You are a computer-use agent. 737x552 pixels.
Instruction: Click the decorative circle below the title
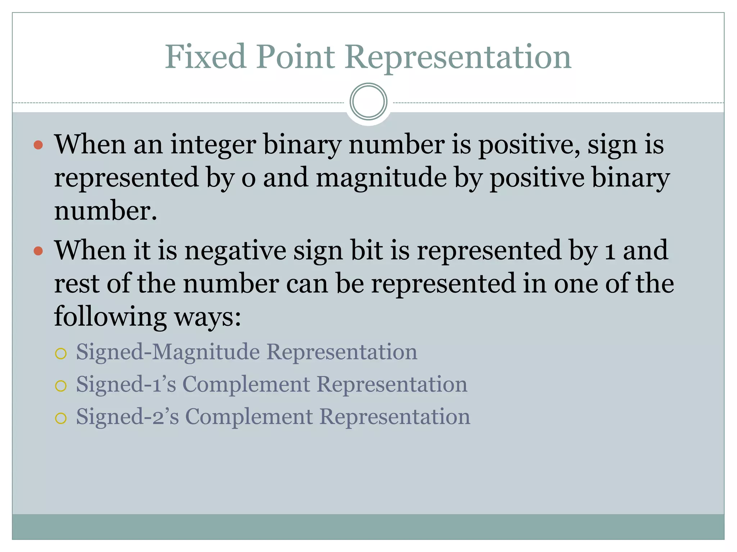pyautogui.click(x=368, y=102)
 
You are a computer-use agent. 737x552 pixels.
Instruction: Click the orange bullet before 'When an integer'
pyautogui.click(x=38, y=145)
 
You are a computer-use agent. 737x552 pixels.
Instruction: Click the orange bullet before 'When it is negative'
pyautogui.click(x=38, y=251)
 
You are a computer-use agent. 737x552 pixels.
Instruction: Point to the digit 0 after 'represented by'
pyautogui.click(x=248, y=178)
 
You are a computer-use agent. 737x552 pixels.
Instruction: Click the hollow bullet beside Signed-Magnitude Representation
pyautogui.click(x=61, y=354)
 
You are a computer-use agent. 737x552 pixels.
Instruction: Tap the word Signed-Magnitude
pyautogui.click(x=168, y=351)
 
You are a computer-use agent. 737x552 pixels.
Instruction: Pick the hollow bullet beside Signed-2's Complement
pyautogui.click(x=61, y=418)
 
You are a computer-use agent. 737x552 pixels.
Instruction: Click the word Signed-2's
pyautogui.click(x=127, y=416)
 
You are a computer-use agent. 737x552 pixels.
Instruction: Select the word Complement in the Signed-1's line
pyautogui.click(x=246, y=384)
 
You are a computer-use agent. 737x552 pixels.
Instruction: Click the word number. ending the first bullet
pyautogui.click(x=105, y=211)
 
